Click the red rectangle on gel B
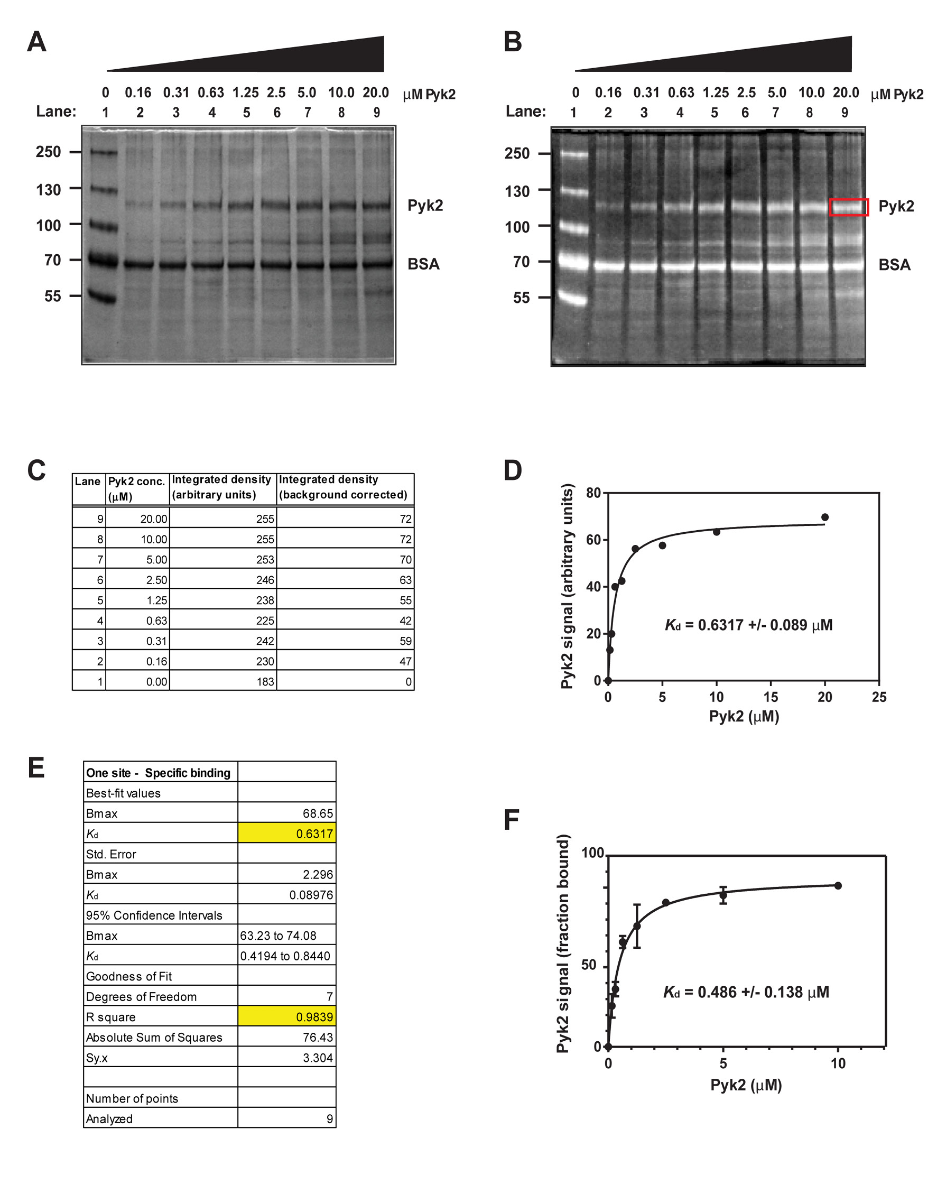(848, 207)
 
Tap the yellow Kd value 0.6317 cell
(287, 834)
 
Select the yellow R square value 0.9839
(287, 1017)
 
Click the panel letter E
(36, 767)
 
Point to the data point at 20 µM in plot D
(824, 517)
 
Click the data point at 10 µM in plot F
(838, 886)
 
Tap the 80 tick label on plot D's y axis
(593, 493)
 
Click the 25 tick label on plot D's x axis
(879, 697)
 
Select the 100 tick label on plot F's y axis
(592, 853)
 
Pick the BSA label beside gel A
(423, 264)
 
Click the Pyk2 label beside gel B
(896, 206)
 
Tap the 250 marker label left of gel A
(48, 152)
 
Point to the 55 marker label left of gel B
(521, 298)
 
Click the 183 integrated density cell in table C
(265, 681)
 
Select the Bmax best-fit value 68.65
(318, 813)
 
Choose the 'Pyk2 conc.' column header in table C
(136, 488)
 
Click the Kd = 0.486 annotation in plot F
(746, 992)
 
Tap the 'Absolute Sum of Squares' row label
(154, 1037)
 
